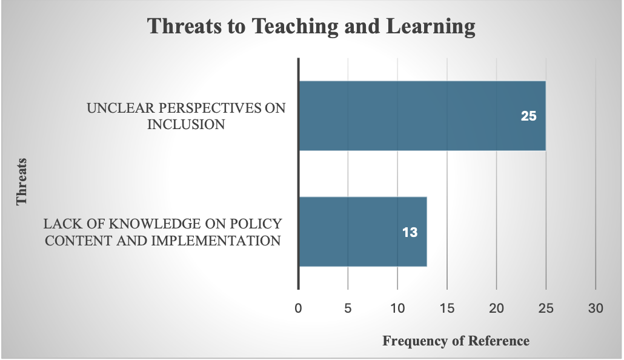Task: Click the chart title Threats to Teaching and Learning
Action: (x=311, y=27)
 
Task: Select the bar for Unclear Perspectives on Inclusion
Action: (x=422, y=116)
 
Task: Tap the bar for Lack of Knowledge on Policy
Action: (x=363, y=232)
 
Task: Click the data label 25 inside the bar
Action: (x=528, y=116)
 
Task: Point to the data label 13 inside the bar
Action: (x=410, y=232)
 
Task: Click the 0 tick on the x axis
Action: (x=298, y=308)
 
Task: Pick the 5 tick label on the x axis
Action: (x=348, y=308)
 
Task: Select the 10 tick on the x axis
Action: (x=397, y=308)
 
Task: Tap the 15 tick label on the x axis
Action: (x=447, y=308)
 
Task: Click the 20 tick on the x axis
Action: (x=496, y=308)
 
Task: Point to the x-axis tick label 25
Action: (x=546, y=308)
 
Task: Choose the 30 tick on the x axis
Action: (x=596, y=308)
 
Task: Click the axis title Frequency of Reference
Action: (x=456, y=341)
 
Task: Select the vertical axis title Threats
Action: (x=21, y=182)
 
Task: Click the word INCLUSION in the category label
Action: (x=186, y=125)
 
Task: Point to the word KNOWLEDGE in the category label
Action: (x=155, y=224)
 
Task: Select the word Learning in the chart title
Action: (x=431, y=27)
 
